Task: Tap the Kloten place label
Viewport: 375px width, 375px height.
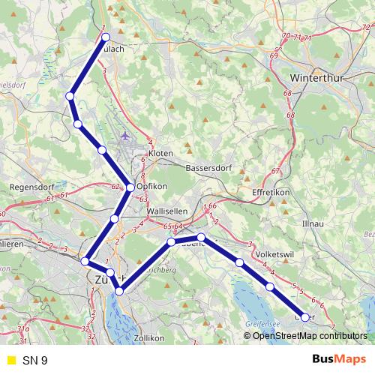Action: pyautogui.click(x=161, y=153)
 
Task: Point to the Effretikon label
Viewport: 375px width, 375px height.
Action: pyautogui.click(x=270, y=192)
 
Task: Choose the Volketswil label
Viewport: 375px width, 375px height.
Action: pyautogui.click(x=273, y=254)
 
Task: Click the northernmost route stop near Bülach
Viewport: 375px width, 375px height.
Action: pyautogui.click(x=106, y=37)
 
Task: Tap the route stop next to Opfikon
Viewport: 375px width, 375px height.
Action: pyautogui.click(x=130, y=187)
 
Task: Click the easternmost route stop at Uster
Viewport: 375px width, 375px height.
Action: pyautogui.click(x=304, y=316)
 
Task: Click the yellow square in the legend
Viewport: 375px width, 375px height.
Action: pyautogui.click(x=10, y=360)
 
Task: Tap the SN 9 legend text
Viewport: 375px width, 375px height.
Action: pyautogui.click(x=34, y=360)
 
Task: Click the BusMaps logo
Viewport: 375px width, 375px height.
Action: pyautogui.click(x=339, y=360)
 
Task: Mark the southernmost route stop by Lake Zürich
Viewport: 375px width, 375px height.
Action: pyautogui.click(x=119, y=290)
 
